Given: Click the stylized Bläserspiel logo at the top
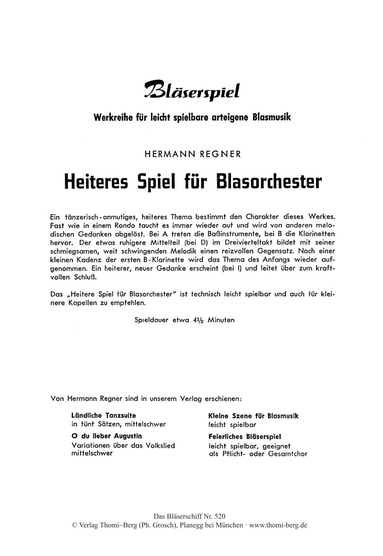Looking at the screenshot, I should click(192, 92).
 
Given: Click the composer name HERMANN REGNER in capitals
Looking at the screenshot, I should click(192, 154).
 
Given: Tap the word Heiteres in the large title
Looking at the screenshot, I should click(95, 181).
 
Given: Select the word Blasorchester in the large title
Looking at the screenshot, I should click(269, 181).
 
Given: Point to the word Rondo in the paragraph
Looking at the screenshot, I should click(133, 225).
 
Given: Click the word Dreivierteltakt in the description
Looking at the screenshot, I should click(253, 242).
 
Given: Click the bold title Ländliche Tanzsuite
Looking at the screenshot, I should click(104, 415).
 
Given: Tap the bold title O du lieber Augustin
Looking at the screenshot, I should click(107, 436).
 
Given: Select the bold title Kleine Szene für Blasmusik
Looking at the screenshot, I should click(253, 416).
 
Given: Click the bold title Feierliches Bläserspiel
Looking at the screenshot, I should click(245, 436).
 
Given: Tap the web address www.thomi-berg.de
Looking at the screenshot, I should click(278, 525).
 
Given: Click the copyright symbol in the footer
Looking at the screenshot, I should click(75, 525).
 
